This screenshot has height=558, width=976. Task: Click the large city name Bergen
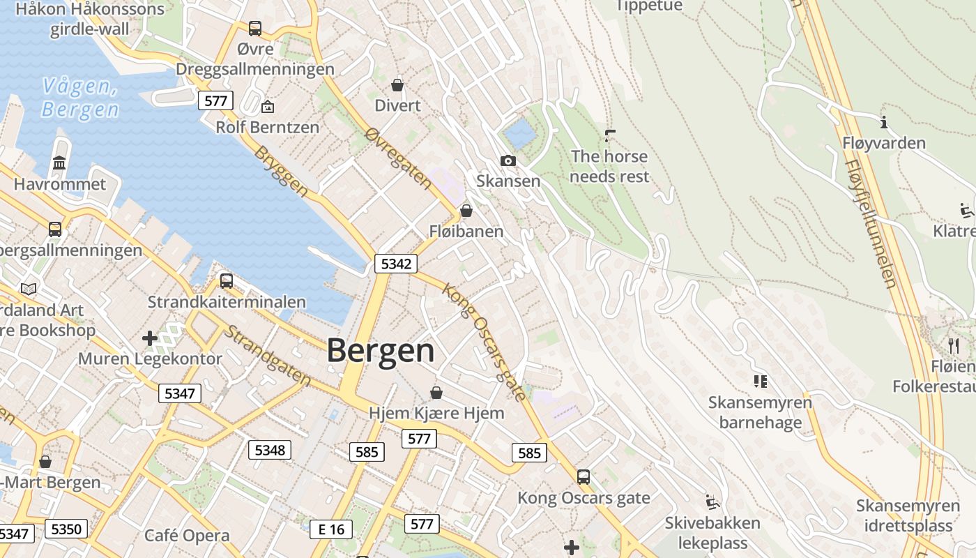(x=381, y=350)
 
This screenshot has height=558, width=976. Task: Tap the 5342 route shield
(x=396, y=264)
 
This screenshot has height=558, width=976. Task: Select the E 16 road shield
(x=331, y=529)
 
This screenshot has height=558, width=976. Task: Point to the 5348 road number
(x=270, y=450)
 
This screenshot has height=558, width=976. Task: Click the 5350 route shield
(x=66, y=529)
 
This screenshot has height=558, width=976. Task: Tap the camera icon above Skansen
(x=508, y=161)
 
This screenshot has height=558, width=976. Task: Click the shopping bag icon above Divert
(x=397, y=85)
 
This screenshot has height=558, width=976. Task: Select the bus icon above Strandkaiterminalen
(x=226, y=281)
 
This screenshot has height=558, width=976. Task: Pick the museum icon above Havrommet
(x=59, y=163)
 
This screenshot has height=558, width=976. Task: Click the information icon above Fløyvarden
(x=884, y=122)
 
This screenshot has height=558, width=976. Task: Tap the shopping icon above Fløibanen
(x=466, y=210)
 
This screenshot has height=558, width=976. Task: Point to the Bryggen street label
(x=281, y=171)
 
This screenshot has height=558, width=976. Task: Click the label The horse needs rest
(x=609, y=166)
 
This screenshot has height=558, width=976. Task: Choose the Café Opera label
(x=187, y=536)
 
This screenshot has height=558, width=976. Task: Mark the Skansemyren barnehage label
(x=760, y=412)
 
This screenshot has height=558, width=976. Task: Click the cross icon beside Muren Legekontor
(x=149, y=339)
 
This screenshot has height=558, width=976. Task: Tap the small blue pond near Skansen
(x=519, y=130)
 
